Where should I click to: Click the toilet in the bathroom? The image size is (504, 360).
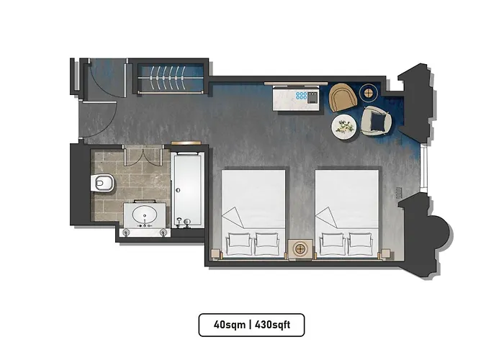pos(103,184)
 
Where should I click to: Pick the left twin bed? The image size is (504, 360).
pos(253,209)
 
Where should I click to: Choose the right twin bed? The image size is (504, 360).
pos(347,209)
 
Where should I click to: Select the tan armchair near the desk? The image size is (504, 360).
pos(343,97)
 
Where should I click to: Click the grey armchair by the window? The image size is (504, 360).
pos(375,120)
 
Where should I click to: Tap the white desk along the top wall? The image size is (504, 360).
pos(295,98)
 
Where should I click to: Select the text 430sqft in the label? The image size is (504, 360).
pos(272,325)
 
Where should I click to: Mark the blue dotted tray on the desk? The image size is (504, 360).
pos(302,95)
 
